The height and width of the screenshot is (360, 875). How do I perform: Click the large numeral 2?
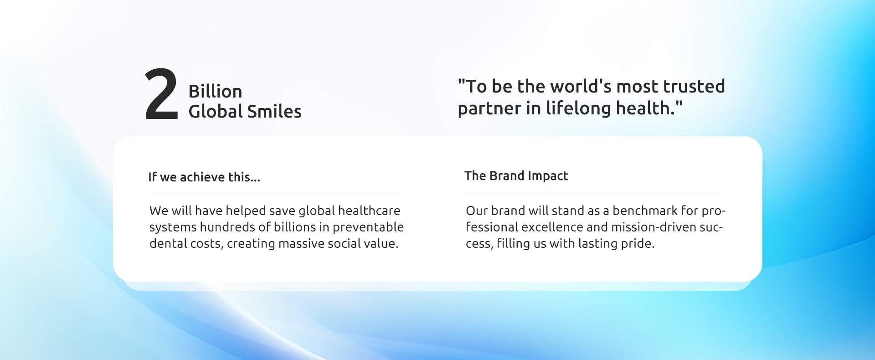click(161, 94)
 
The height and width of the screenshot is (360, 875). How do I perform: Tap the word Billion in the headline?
click(215, 91)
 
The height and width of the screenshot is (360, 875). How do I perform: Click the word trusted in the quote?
click(694, 86)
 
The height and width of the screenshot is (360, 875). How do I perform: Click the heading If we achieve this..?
click(204, 177)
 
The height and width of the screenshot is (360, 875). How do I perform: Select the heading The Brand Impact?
click(516, 176)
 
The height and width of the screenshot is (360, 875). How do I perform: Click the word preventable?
click(368, 227)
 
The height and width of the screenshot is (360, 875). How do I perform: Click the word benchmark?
click(645, 211)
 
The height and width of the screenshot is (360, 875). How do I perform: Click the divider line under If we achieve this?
click(278, 193)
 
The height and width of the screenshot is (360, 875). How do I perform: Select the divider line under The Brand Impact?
click(593, 193)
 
